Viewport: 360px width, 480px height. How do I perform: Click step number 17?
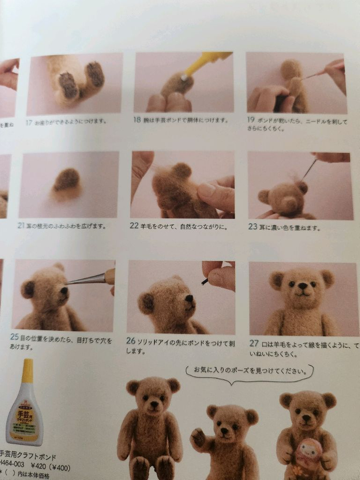pyautogui.click(x=29, y=123)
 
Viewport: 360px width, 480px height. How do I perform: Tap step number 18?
pyautogui.click(x=138, y=120)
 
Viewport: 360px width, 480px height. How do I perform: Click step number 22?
pyautogui.click(x=134, y=226)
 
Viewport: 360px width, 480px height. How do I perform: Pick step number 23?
pyautogui.click(x=252, y=227)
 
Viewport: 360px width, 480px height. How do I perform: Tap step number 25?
pyautogui.click(x=14, y=337)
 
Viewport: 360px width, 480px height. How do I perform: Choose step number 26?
pyautogui.click(x=131, y=341)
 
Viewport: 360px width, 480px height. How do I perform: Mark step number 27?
pyautogui.click(x=254, y=344)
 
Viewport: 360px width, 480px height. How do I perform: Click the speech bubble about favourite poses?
pyautogui.click(x=250, y=371)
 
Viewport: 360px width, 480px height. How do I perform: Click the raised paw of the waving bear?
pyautogui.click(x=198, y=437)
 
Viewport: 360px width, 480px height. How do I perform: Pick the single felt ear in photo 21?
pyautogui.click(x=66, y=180)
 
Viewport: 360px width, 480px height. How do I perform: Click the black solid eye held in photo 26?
pyautogui.click(x=205, y=281)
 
